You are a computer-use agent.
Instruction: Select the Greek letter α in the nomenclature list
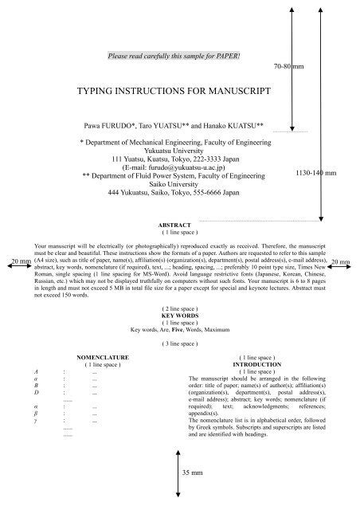[x=37, y=407]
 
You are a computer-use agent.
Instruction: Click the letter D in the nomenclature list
[x=37, y=392]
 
